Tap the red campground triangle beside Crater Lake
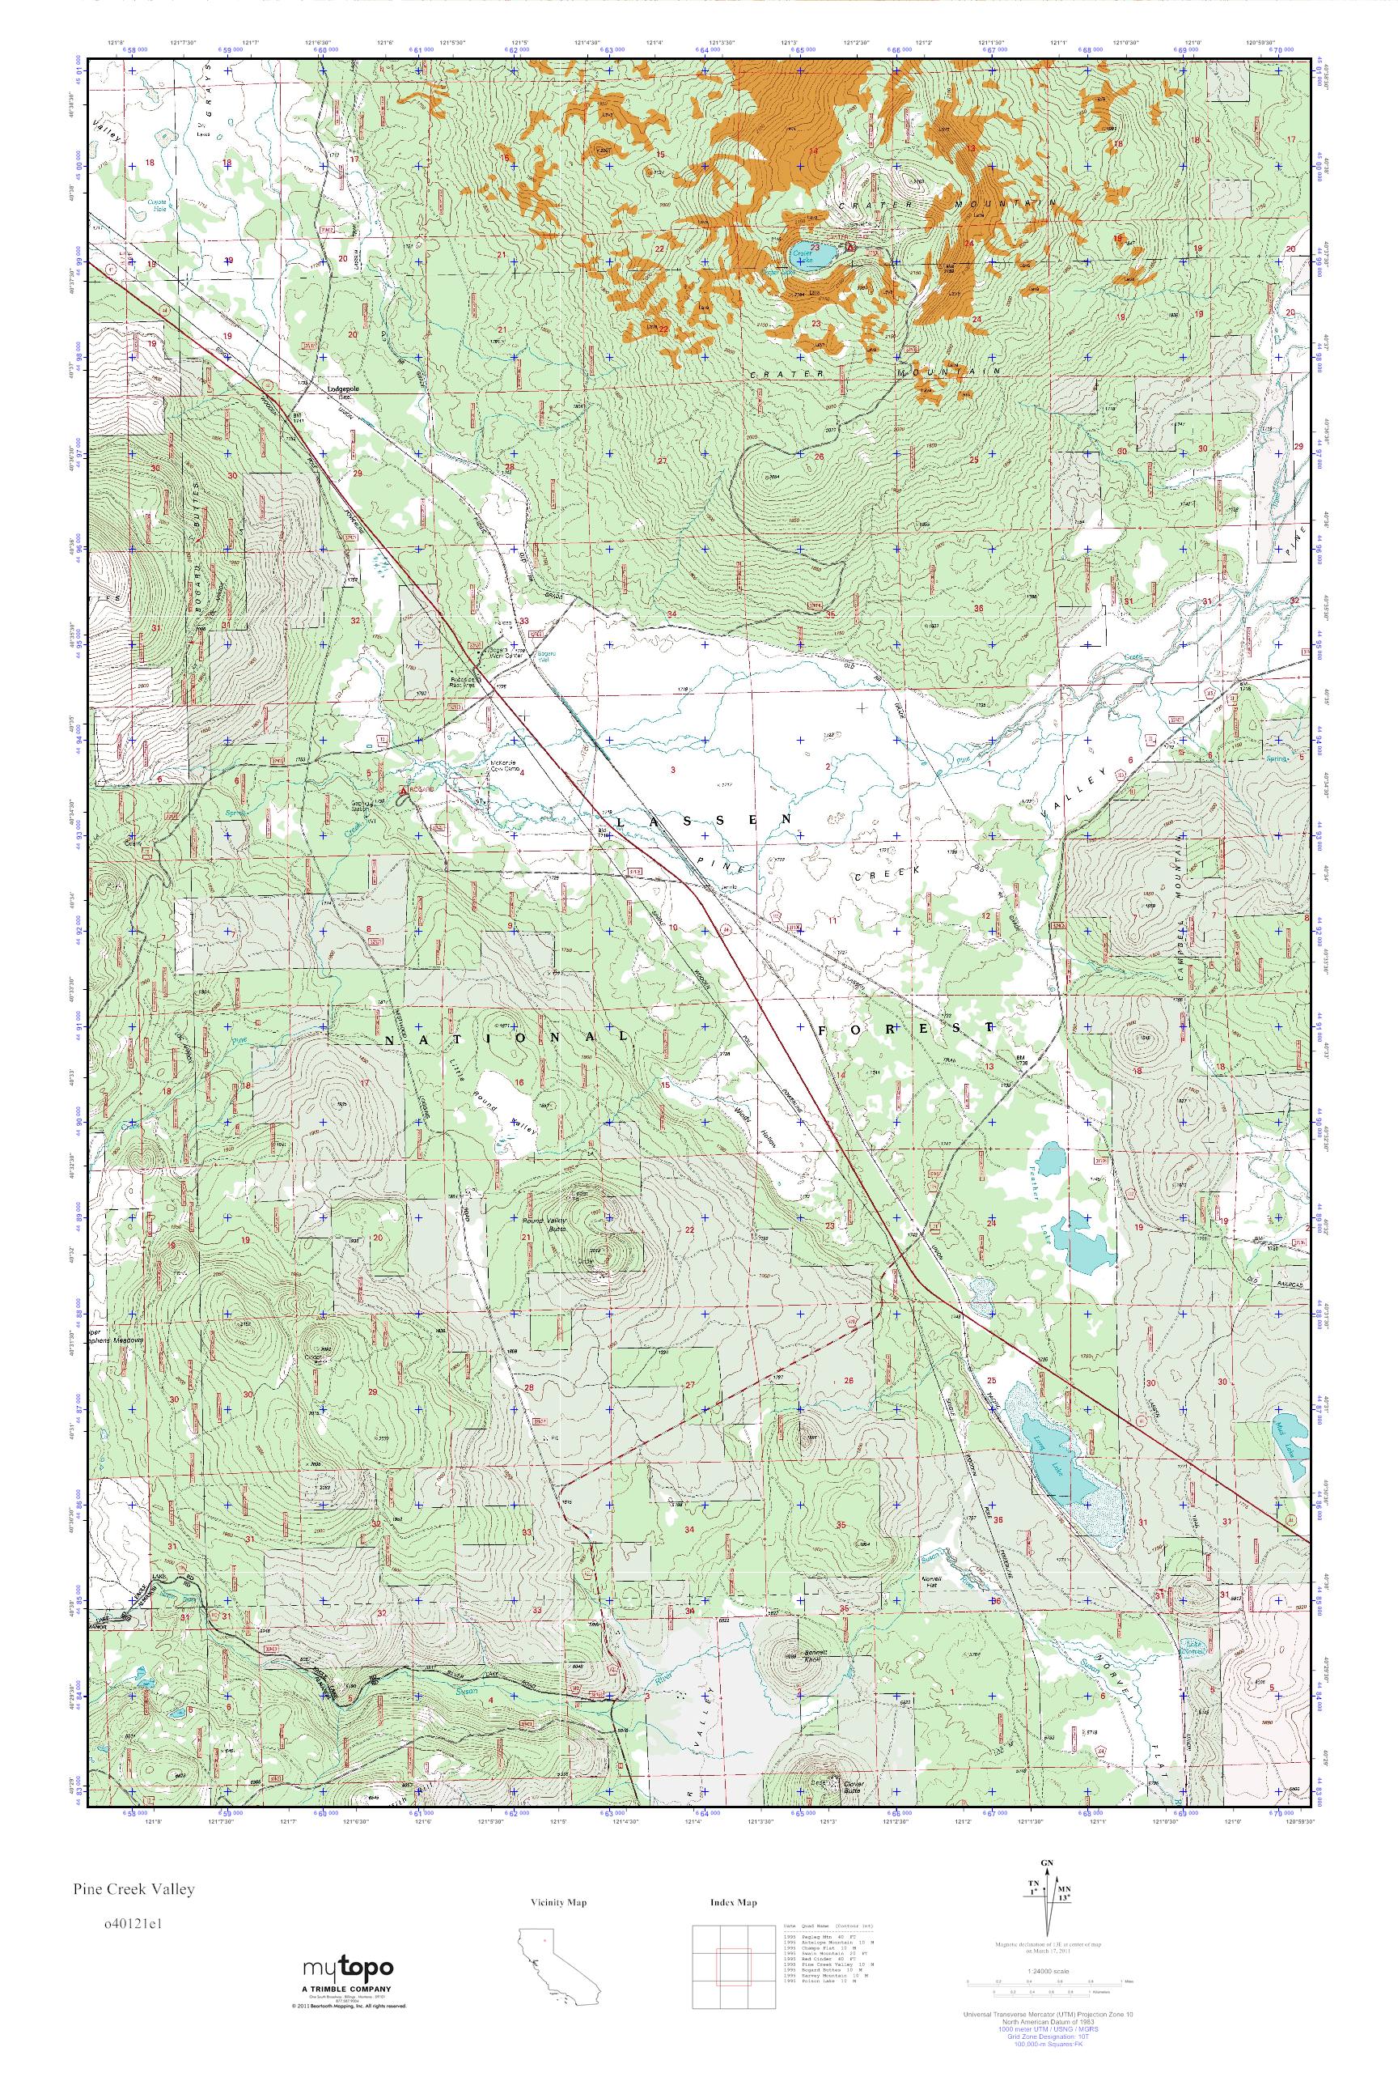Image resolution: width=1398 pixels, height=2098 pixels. click(850, 245)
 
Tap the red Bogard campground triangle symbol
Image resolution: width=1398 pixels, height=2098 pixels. click(403, 790)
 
